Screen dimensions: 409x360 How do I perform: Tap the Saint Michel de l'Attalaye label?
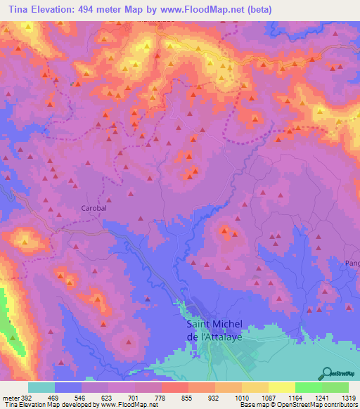click(x=214, y=328)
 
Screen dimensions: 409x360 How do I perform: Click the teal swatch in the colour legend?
click(x=41, y=388)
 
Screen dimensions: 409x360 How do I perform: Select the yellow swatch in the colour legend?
click(x=282, y=388)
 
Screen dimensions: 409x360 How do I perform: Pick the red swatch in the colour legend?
click(x=175, y=388)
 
